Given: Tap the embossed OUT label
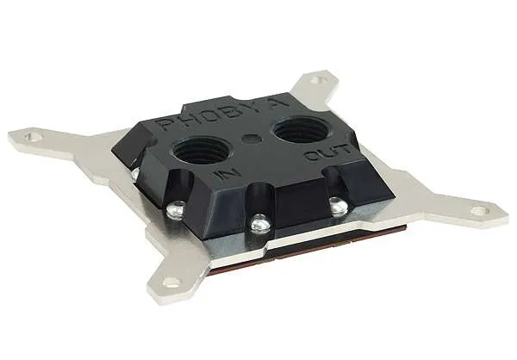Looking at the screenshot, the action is pos(327,153).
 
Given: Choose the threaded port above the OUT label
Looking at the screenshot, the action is pos(300,128).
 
